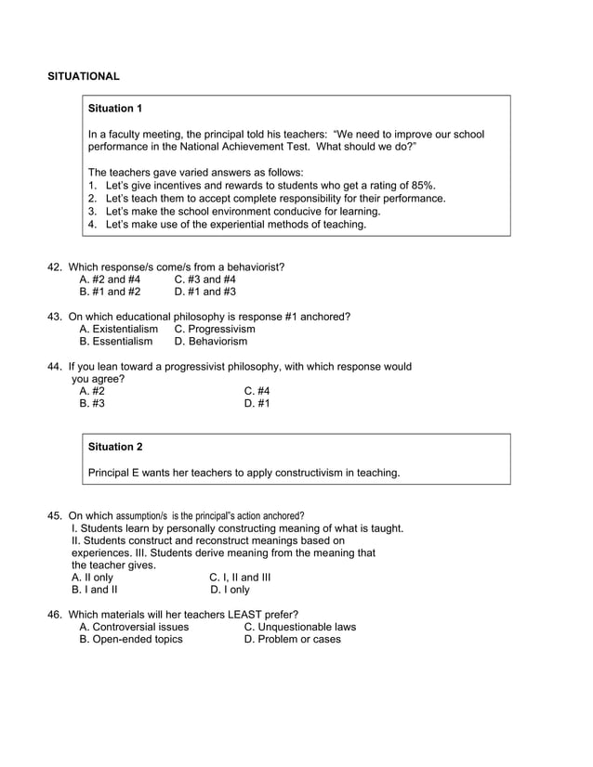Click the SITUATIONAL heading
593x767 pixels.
point(84,75)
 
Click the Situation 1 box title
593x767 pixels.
point(114,109)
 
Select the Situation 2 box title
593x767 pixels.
point(114,447)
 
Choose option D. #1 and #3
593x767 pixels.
point(204,292)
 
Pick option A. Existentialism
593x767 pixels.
point(119,329)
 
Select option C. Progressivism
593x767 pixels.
point(215,329)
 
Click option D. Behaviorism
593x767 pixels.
point(211,342)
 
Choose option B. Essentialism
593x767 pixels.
point(116,342)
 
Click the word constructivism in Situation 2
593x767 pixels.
point(298,473)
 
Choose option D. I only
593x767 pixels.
point(230,590)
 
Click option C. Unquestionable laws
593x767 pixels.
point(299,627)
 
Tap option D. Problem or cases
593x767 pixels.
point(292,639)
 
